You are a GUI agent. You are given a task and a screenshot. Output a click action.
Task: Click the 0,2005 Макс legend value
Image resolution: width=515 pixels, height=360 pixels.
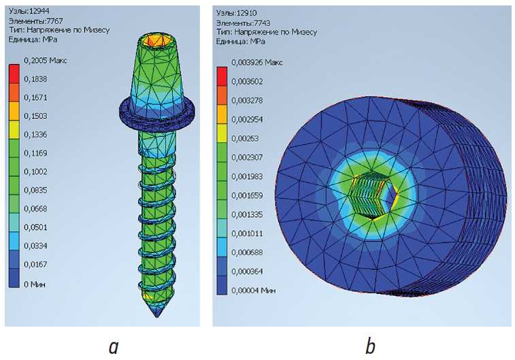(x=46, y=61)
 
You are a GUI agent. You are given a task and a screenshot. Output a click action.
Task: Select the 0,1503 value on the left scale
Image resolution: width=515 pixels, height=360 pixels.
(x=35, y=116)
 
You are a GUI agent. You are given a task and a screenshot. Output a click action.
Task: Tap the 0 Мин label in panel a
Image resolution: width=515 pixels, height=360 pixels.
(x=35, y=284)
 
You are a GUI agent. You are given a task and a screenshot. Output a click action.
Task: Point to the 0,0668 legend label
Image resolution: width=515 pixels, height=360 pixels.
(x=35, y=208)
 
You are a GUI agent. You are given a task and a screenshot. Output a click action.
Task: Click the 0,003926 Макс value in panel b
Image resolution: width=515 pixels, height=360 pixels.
(x=257, y=63)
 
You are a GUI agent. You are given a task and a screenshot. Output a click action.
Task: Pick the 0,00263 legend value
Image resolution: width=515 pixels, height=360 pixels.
(x=245, y=138)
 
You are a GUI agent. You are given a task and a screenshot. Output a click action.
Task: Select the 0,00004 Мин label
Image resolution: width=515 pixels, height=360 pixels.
(x=254, y=291)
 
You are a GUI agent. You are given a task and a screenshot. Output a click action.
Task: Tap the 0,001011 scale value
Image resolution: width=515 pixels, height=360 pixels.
(x=247, y=233)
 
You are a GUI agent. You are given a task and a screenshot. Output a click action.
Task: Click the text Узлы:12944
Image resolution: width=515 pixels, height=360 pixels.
(x=29, y=11)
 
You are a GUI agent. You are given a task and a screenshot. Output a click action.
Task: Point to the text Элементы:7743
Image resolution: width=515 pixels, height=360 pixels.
(x=243, y=23)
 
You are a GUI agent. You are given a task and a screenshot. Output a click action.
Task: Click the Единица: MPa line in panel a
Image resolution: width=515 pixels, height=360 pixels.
(x=33, y=39)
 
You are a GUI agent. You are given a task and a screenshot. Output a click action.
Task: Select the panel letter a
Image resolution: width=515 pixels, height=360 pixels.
(x=114, y=347)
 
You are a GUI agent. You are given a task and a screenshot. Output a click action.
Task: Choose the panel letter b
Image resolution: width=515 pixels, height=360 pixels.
(x=370, y=346)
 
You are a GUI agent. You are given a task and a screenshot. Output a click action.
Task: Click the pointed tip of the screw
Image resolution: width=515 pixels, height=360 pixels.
(x=157, y=316)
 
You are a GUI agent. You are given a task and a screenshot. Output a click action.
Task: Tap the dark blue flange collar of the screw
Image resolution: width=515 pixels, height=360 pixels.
(x=157, y=115)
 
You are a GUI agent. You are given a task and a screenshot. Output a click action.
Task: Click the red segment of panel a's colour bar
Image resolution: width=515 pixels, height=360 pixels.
(x=14, y=74)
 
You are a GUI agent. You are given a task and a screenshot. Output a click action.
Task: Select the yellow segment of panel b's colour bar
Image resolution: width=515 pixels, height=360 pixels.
(x=222, y=133)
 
